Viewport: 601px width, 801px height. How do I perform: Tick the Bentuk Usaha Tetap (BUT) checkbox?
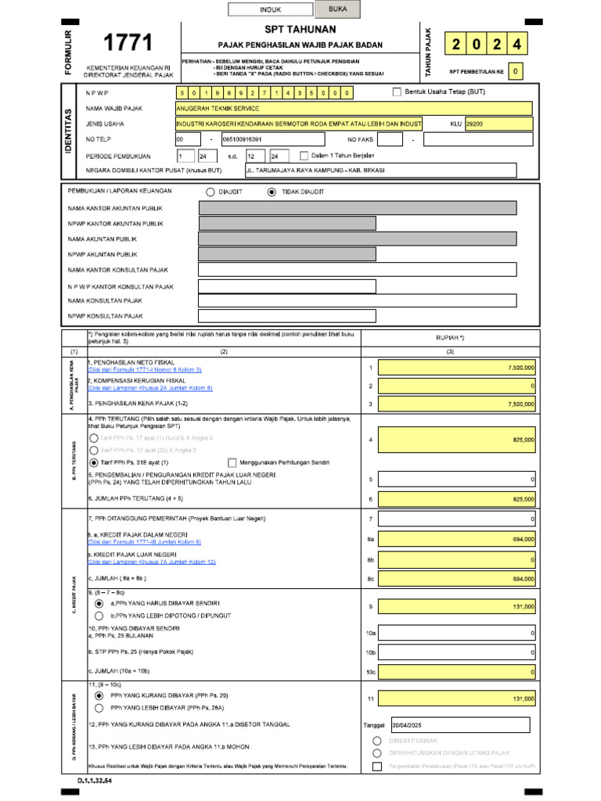pyautogui.click(x=396, y=92)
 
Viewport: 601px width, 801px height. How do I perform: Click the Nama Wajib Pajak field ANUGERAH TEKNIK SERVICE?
pyautogui.click(x=354, y=108)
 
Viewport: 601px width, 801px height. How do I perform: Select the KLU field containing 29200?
pyautogui.click(x=498, y=124)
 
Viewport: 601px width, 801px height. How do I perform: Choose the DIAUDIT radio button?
pyautogui.click(x=210, y=192)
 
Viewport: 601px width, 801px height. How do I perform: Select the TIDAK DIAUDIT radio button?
pyautogui.click(x=272, y=192)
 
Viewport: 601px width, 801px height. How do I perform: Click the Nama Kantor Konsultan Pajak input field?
pyautogui.click(x=357, y=270)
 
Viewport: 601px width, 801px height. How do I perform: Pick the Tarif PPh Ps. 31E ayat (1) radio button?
pyautogui.click(x=95, y=462)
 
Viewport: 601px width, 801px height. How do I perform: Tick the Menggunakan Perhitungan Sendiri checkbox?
pyautogui.click(x=232, y=462)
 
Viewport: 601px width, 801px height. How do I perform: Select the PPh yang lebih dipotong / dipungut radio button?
pyautogui.click(x=99, y=616)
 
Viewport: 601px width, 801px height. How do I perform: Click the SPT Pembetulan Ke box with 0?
pyautogui.click(x=515, y=71)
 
